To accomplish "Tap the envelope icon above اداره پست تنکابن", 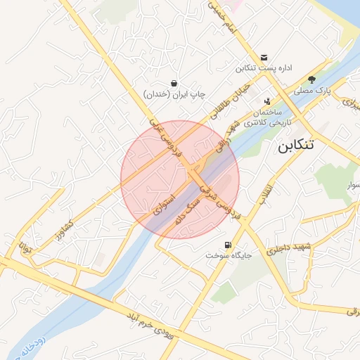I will coord(264,57).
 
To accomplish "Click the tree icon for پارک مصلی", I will coord(311,79).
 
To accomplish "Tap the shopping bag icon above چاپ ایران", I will coord(174,83).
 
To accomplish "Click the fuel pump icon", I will coord(226,245).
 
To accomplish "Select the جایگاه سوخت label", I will coord(229,256).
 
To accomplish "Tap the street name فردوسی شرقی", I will coord(219,200).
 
